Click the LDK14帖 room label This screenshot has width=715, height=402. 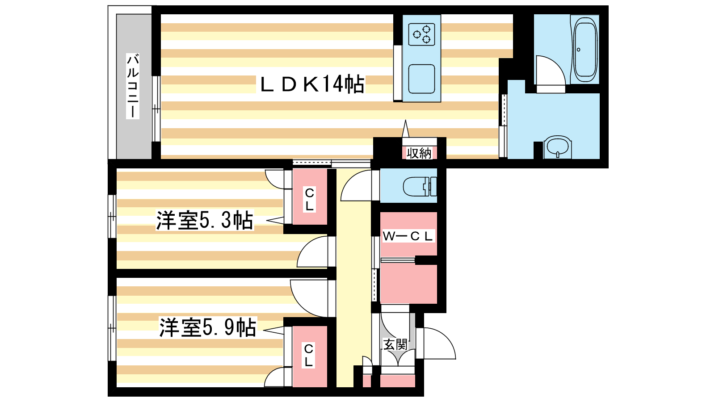(x=312, y=84)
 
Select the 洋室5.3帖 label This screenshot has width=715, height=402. (x=204, y=220)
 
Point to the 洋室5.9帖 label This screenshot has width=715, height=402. (x=208, y=327)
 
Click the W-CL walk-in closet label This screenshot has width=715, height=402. (x=408, y=236)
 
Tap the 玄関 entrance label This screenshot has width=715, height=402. (x=395, y=344)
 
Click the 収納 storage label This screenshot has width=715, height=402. (x=419, y=153)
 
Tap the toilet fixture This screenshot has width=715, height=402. (x=419, y=187)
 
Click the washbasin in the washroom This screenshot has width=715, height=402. (x=557, y=146)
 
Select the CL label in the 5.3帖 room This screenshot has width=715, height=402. (x=309, y=199)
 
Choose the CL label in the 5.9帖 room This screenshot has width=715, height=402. (x=308, y=355)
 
